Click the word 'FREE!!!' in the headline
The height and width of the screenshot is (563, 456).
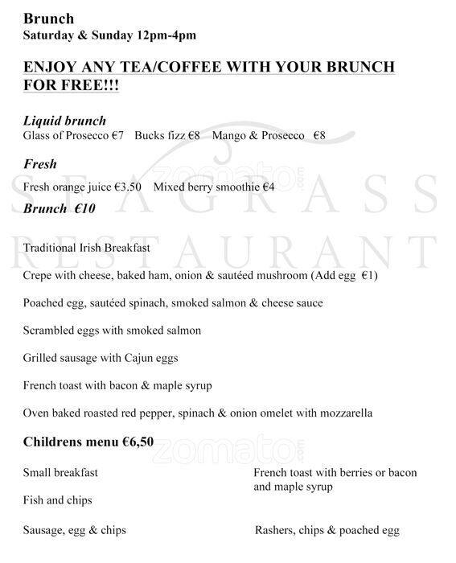point(88,84)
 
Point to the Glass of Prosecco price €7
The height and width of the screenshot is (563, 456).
point(117,136)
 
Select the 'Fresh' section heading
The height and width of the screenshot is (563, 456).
point(40,164)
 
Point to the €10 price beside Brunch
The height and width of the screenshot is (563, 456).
point(86,209)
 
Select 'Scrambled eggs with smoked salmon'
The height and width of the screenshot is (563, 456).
point(113,331)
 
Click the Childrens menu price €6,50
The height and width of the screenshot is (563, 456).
point(138,442)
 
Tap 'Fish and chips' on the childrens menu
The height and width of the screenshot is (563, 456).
point(58,500)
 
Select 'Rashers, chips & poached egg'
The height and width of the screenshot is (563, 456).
point(327,530)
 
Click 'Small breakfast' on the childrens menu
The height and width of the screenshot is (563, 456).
point(60,473)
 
